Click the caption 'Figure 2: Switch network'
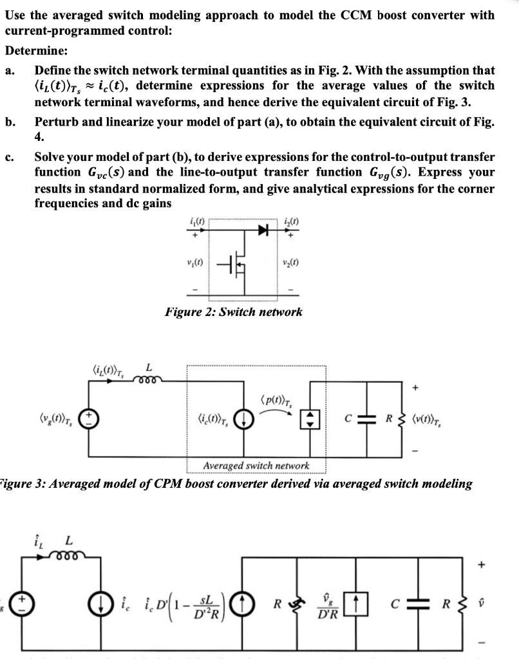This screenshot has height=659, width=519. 233,312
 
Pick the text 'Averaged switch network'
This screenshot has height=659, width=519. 256,465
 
